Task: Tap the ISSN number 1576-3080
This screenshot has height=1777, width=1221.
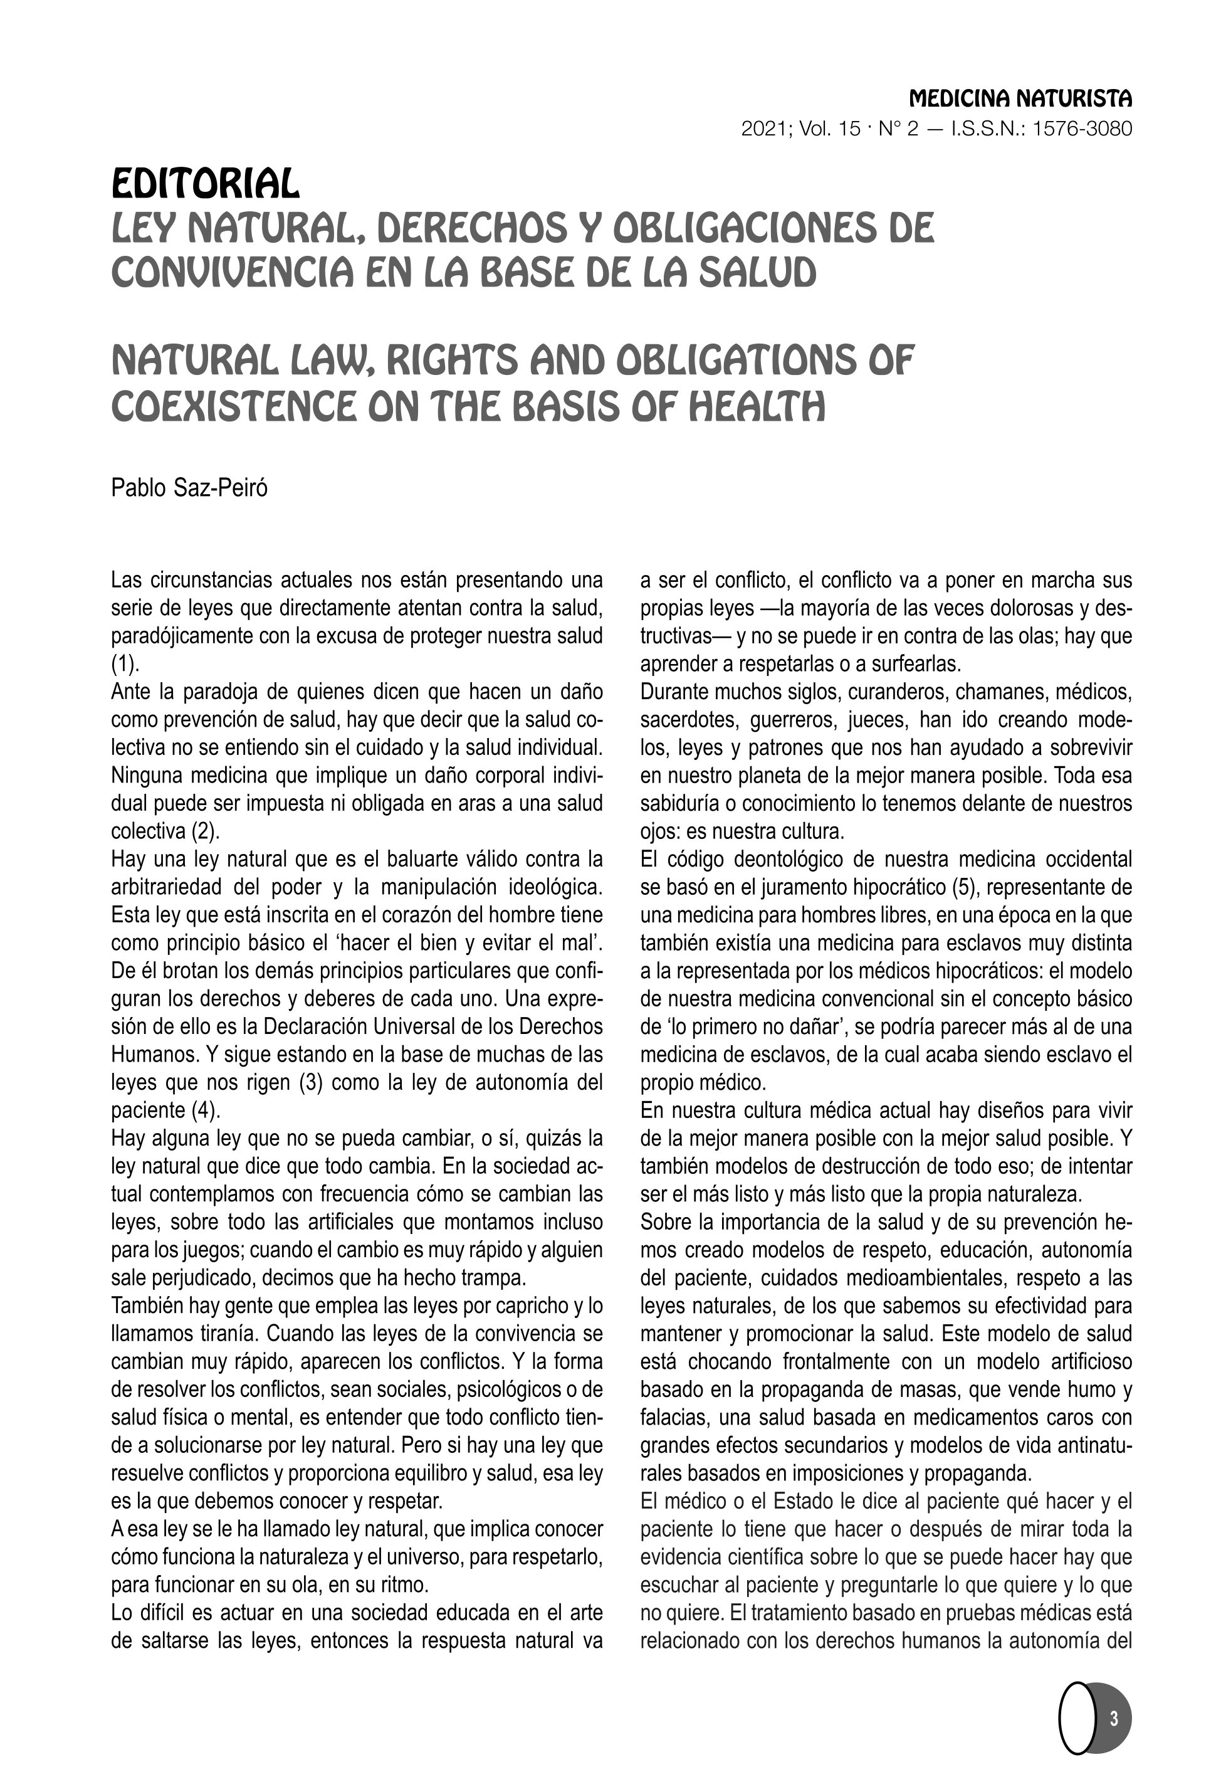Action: tap(1082, 129)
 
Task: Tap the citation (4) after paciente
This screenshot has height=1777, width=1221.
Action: tap(204, 1110)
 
